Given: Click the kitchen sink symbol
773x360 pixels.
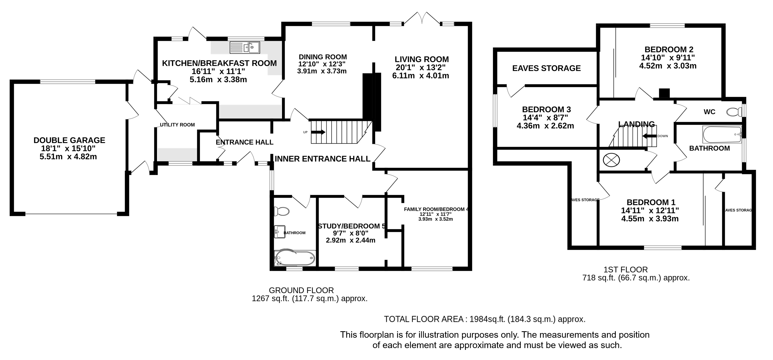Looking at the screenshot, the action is [245, 47].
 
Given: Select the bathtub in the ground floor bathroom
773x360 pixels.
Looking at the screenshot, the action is [295, 258].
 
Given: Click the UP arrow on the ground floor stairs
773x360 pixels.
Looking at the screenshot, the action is [318, 132].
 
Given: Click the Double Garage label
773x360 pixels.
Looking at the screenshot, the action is [69, 140].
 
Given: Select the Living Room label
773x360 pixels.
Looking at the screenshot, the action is [422, 59].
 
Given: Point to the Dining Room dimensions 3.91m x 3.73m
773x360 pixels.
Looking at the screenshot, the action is [322, 71].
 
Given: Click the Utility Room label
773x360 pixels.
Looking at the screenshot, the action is [177, 125].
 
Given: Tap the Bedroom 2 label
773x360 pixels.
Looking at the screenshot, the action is [669, 50].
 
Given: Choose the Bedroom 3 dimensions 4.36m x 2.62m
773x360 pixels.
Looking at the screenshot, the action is [545, 126].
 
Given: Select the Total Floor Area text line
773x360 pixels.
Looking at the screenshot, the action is [485, 319].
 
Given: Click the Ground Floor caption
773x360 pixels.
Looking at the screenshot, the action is [301, 290].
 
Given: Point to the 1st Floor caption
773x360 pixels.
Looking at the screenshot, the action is [626, 270].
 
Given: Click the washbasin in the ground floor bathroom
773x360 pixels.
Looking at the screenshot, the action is [280, 232].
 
